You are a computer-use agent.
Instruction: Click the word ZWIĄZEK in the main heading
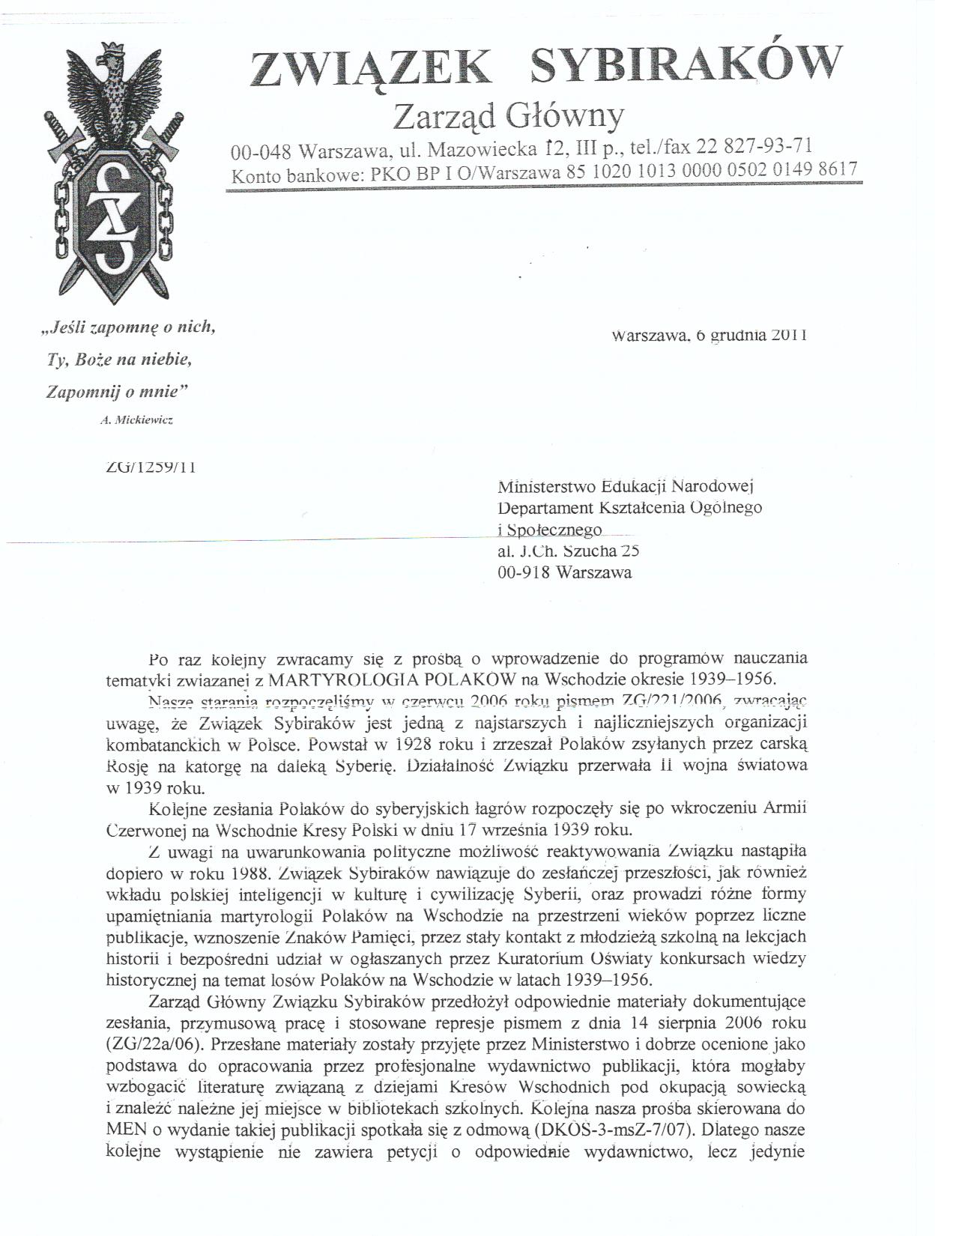click(x=372, y=68)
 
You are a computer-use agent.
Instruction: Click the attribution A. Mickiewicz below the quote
click(x=136, y=421)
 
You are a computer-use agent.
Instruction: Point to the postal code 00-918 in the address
click(x=524, y=572)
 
